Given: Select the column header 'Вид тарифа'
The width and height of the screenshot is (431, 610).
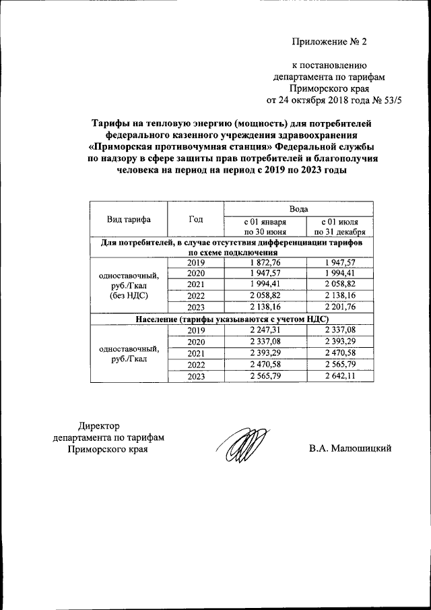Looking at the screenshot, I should tap(129, 219).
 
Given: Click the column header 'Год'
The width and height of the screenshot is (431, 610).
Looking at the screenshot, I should tap(195, 219).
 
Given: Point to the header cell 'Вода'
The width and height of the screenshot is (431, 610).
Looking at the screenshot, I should tap(299, 210).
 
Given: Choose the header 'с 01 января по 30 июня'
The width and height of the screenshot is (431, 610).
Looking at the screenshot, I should tap(265, 226).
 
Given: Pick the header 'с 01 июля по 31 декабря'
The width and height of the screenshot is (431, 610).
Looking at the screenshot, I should tap(339, 226).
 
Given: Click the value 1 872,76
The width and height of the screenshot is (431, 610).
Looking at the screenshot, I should tap(265, 262).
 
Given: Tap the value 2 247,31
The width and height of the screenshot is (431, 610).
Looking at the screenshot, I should tap(265, 331).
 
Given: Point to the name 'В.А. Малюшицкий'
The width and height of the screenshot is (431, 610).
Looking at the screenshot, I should tap(350, 448).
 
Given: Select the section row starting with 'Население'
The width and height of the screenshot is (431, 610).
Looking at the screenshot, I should tap(232, 319).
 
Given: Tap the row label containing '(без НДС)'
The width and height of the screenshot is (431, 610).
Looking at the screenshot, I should tap(129, 295).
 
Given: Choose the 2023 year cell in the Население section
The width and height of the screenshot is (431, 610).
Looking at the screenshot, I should tap(195, 375).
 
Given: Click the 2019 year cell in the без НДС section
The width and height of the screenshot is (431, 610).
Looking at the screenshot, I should tap(195, 262).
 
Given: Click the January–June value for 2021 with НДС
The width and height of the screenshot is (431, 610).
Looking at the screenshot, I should tap(265, 353).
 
